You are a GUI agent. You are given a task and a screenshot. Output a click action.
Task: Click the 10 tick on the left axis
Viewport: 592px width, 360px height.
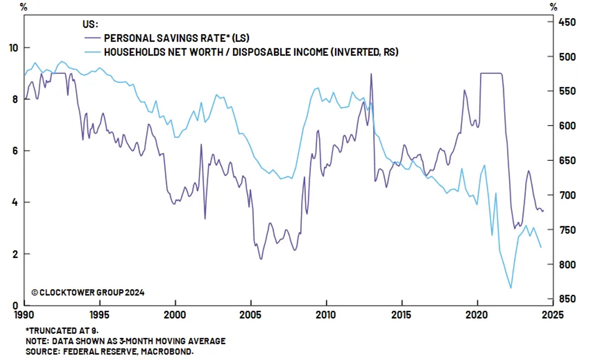click(14, 48)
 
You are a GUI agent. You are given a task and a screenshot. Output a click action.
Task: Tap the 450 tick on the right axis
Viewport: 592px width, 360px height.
click(565, 22)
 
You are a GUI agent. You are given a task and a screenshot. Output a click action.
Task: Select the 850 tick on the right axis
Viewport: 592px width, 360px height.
click(565, 299)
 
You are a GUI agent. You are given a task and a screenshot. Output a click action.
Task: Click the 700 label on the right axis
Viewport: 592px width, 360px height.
click(565, 195)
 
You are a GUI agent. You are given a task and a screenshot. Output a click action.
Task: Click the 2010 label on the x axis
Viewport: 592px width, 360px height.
click(326, 314)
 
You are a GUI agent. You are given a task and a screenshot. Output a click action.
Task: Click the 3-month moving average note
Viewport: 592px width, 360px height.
click(125, 341)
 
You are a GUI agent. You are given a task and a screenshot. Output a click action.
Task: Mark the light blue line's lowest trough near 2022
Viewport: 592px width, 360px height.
click(511, 288)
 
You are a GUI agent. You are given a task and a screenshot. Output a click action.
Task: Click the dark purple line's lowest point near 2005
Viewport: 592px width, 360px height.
click(261, 259)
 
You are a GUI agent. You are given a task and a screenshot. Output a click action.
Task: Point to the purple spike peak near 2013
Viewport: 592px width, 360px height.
click(371, 74)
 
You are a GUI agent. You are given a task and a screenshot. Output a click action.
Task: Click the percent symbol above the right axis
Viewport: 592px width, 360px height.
click(554, 7)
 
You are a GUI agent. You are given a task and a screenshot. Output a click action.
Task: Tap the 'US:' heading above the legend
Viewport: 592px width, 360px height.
click(90, 25)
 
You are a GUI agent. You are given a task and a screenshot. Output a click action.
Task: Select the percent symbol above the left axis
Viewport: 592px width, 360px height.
click(23, 7)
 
